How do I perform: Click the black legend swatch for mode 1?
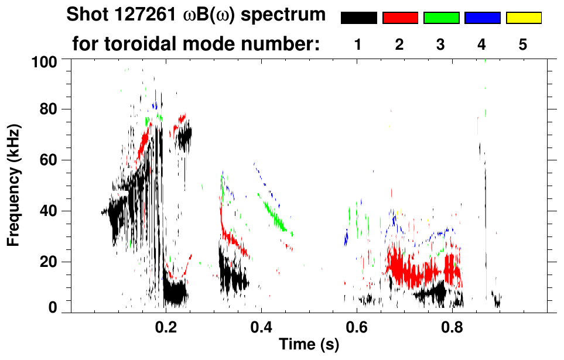click(358, 18)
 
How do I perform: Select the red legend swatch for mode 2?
click(400, 18)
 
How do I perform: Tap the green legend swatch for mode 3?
click(441, 18)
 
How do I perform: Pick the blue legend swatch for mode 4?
click(482, 18)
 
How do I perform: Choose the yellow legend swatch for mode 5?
click(523, 18)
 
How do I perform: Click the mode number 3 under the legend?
click(440, 45)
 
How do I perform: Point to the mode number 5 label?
click(523, 45)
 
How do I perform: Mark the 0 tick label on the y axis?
click(53, 307)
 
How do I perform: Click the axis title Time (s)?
click(309, 345)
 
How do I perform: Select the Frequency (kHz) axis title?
click(13, 185)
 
